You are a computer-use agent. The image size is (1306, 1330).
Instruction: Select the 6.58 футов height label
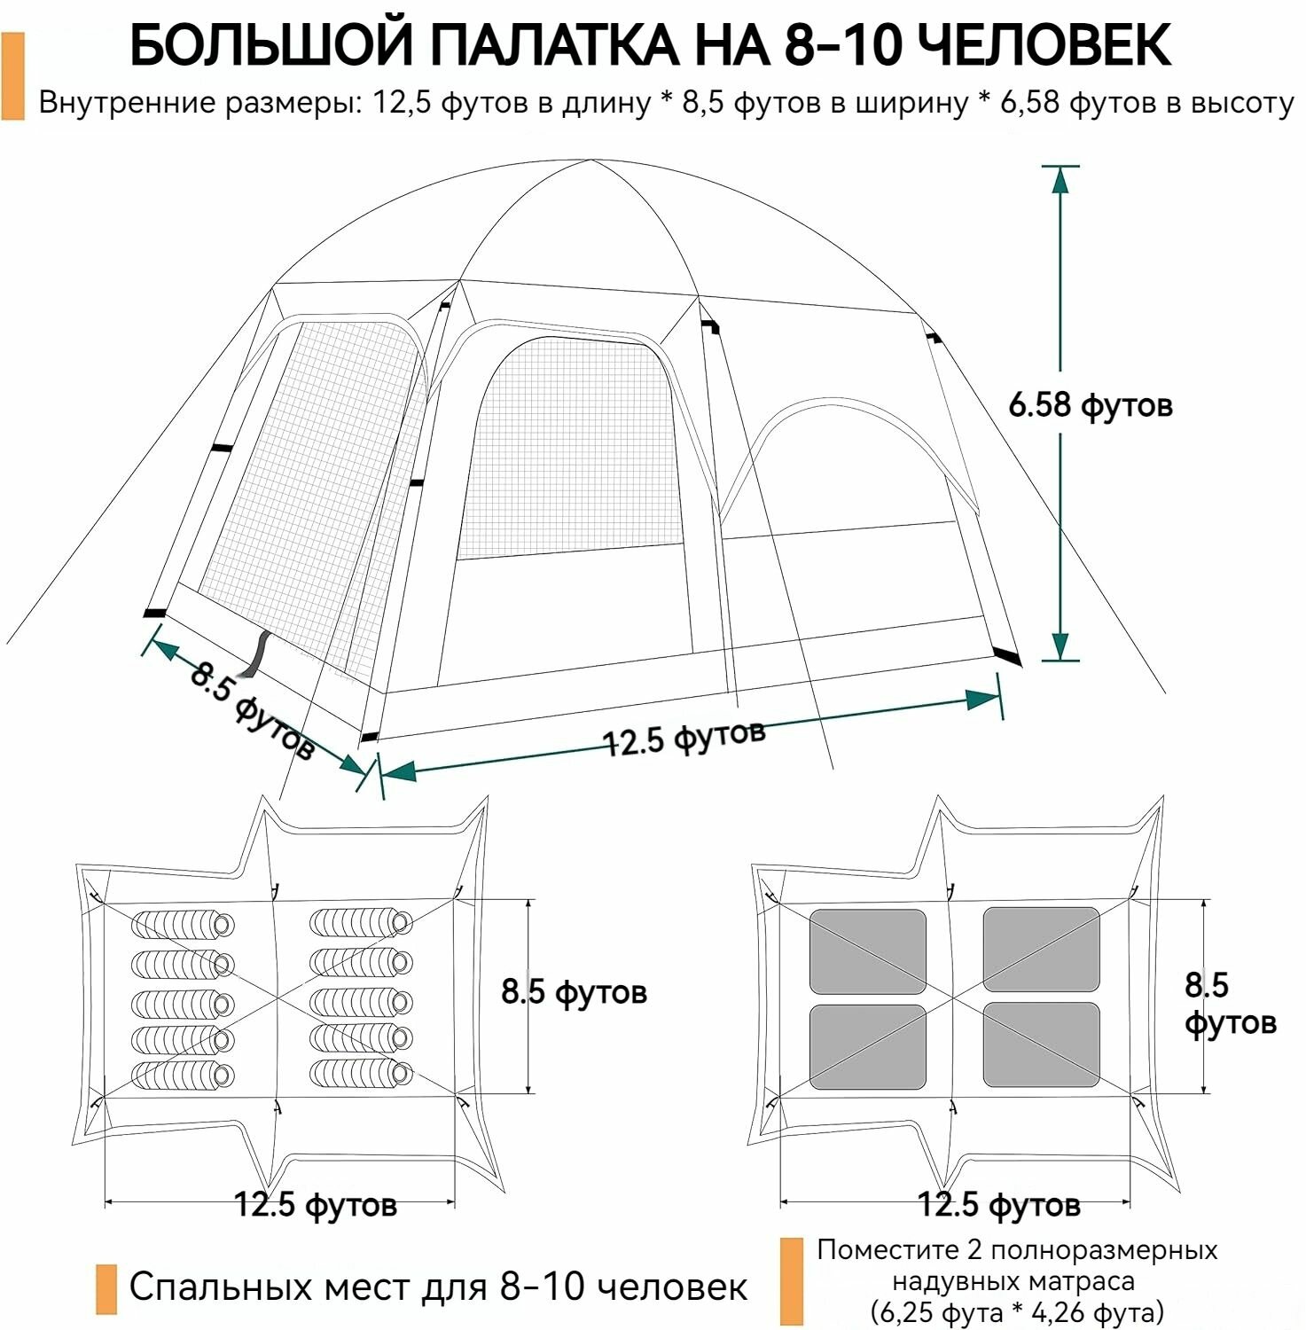[x=1090, y=405]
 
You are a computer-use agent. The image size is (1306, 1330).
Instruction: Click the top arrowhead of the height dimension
[x=1060, y=180]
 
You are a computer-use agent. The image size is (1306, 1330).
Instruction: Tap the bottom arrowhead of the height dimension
[x=1060, y=645]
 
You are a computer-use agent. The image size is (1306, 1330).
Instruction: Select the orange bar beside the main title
[x=13, y=76]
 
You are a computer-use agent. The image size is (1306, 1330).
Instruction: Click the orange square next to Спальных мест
[x=106, y=1288]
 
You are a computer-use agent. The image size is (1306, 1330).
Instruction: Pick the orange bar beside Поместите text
[x=791, y=1281]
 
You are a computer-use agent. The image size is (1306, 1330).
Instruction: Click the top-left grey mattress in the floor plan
[x=867, y=951]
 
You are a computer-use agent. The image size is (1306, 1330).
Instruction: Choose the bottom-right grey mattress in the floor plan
[x=1041, y=1044]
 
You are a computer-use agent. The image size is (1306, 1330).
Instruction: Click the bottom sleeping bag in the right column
[x=361, y=1073]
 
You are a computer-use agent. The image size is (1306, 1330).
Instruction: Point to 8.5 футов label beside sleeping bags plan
[x=574, y=991]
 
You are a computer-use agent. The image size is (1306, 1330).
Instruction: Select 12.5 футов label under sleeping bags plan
[x=315, y=1205]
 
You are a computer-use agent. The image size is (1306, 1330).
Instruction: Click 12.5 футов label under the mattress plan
[x=998, y=1205]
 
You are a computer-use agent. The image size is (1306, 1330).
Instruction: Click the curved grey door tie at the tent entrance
[x=259, y=654]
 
